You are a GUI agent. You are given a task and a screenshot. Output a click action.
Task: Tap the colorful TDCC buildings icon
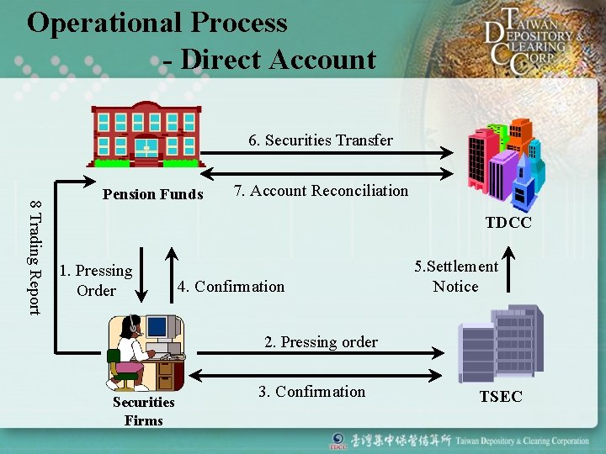505,164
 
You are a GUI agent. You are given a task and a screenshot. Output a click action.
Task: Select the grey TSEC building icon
501,344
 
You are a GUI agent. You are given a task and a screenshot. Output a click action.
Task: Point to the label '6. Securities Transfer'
321,140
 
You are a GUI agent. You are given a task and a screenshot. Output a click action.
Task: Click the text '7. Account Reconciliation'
321,191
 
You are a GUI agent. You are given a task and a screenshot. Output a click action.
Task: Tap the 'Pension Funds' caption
152,195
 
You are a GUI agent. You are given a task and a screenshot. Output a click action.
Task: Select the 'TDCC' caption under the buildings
508,223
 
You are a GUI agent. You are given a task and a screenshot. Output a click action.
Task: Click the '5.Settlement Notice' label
455,277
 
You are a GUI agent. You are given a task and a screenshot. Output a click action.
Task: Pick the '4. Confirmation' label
231,287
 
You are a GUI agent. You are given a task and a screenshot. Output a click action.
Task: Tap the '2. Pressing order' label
321,342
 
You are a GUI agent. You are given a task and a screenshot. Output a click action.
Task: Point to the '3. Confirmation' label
311,392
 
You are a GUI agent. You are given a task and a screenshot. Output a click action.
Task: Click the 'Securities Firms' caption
144,411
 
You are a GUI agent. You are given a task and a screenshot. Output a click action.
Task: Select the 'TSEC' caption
501,397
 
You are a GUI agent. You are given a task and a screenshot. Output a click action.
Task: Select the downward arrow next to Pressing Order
141,274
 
